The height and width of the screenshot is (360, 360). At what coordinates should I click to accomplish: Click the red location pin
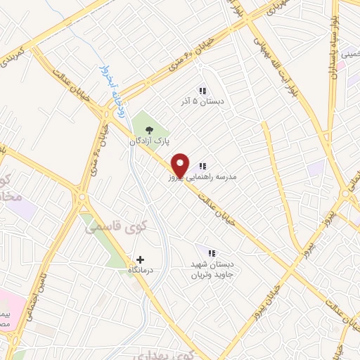point(180,164)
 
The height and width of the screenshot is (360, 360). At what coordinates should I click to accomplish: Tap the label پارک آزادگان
point(148,141)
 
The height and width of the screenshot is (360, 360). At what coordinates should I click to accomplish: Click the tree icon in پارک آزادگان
point(148,129)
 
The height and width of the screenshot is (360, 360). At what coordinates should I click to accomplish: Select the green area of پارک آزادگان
point(157,124)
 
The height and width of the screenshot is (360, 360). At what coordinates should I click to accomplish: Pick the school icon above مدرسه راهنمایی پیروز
point(202,167)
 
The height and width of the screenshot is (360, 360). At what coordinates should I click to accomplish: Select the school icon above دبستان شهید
point(211,253)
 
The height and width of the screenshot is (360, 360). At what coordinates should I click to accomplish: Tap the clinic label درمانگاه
point(141,271)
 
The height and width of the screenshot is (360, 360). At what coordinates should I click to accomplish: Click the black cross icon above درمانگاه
point(141,259)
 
